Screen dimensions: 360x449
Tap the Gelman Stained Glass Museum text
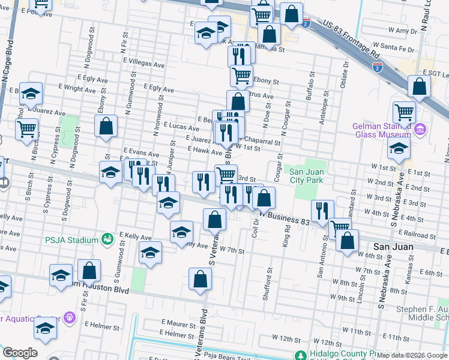coord(381,130)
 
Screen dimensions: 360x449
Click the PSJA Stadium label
coord(71,240)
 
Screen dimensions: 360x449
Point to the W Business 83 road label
coord(285,218)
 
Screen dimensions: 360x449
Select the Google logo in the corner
coord(20,353)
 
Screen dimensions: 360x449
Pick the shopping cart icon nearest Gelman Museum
coord(404,112)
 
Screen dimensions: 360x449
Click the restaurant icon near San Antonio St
coord(324,210)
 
